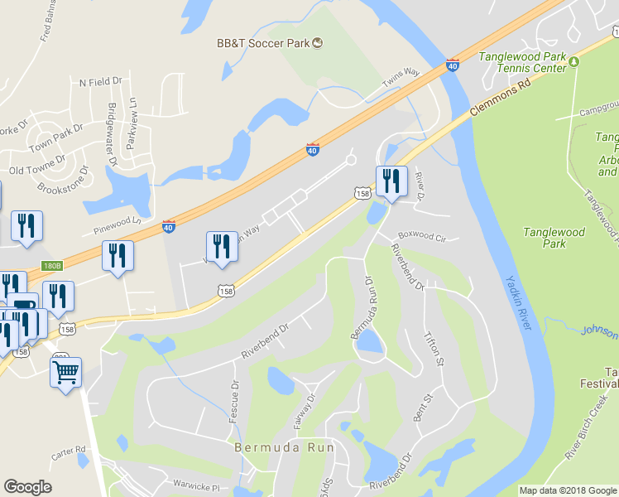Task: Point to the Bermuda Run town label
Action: click(x=284, y=447)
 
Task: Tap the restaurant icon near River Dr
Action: click(x=391, y=181)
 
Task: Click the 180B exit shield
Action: click(x=51, y=267)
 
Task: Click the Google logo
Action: click(x=27, y=487)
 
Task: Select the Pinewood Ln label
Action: click(x=118, y=222)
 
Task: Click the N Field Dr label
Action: click(x=100, y=82)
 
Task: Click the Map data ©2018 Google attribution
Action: click(x=568, y=490)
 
